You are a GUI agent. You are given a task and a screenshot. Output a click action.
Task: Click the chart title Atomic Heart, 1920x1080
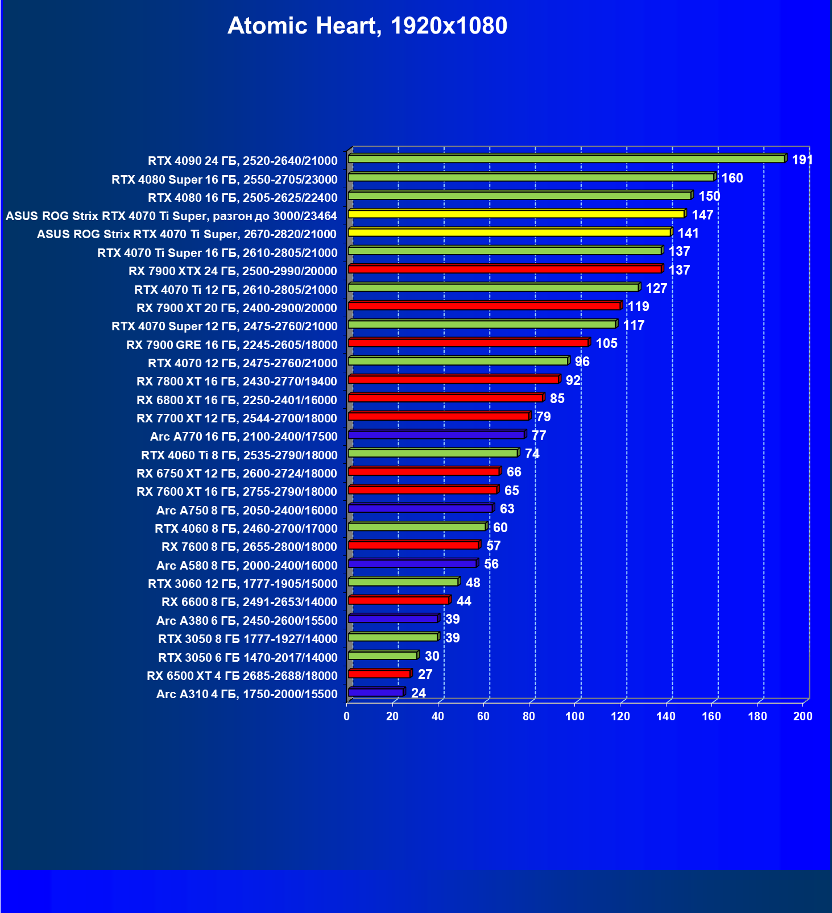[x=367, y=26]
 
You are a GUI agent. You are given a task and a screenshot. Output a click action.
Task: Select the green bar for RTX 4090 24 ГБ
[x=566, y=159]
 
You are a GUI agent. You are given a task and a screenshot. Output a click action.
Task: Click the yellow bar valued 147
[x=516, y=214]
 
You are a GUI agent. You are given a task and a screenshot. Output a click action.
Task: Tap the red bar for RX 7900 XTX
[x=504, y=269]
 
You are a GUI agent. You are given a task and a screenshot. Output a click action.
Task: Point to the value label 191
[x=802, y=160]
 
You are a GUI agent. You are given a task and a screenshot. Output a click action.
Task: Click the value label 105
[x=606, y=343]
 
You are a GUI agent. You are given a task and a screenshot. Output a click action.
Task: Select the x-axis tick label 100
[x=575, y=716]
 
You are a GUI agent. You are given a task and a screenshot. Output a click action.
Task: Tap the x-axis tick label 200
[x=803, y=716]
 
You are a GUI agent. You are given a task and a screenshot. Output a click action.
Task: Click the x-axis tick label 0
[x=347, y=716]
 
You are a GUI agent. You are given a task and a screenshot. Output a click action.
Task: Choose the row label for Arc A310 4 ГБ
[x=247, y=694]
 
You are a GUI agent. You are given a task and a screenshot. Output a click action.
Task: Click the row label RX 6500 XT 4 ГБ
[x=242, y=676]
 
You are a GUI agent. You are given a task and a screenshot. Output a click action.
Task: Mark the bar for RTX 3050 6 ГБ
[x=383, y=655]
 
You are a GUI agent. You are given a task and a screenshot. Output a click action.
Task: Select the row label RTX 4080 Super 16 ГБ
[x=225, y=180]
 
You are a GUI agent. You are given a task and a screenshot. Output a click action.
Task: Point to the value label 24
[x=419, y=693]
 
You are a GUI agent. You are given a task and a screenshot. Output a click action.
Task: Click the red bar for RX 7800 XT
[x=453, y=379]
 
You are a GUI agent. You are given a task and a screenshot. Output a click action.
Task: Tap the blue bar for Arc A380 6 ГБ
[x=393, y=619]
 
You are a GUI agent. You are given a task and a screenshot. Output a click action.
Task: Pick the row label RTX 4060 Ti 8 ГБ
[x=239, y=455]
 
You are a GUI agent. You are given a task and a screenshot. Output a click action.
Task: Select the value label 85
[x=557, y=399]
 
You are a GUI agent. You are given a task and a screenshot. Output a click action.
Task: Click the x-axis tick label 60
[x=483, y=716]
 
